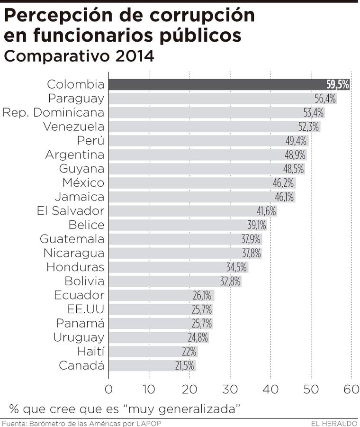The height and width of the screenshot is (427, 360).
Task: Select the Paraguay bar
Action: [208, 99]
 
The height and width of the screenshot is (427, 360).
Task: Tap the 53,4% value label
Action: [314, 113]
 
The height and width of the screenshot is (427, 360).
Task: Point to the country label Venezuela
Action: [73, 127]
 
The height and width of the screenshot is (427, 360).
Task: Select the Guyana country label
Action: [81, 169]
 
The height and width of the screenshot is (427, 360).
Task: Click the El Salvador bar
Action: [180, 211]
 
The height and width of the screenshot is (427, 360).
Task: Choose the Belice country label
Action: [86, 225]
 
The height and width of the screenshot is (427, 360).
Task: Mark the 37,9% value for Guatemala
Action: [251, 239]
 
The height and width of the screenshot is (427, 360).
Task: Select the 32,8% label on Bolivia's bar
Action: [231, 281]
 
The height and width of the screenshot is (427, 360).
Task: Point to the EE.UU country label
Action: [86, 309]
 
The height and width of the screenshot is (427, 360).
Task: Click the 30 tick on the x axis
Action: [230, 390]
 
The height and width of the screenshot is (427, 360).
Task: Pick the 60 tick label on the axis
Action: [351, 390]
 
